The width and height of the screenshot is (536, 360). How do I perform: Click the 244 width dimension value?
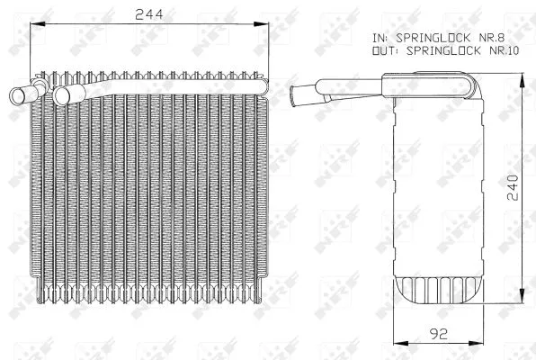[149, 15]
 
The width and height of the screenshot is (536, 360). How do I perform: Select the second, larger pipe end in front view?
[62, 93]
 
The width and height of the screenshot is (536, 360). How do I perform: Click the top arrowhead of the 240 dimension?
[522, 81]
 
